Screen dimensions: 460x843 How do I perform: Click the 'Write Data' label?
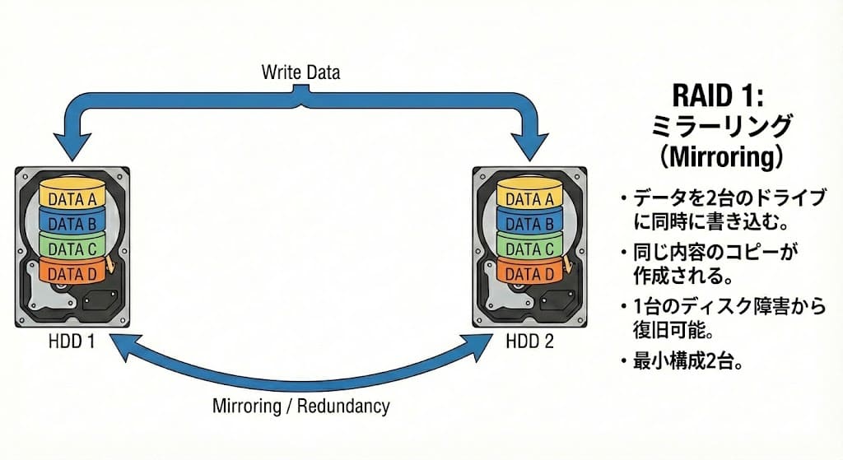click(300, 72)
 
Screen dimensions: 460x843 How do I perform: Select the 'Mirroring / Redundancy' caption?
click(300, 406)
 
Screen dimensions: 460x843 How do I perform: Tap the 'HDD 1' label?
click(72, 342)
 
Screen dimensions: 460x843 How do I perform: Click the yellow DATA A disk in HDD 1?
click(72, 198)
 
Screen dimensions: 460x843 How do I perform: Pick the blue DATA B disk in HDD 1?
click(72, 223)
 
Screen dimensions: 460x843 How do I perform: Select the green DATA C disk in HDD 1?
click(72, 248)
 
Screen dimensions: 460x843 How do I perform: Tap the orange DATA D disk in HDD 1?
click(72, 272)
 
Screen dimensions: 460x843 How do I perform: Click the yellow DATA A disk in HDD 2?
click(529, 198)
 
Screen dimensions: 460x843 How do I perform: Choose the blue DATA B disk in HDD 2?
click(529, 223)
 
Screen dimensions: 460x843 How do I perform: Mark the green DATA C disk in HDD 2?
click(529, 248)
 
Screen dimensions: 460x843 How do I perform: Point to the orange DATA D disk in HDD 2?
click(529, 272)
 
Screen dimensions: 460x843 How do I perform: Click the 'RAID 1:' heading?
click(719, 95)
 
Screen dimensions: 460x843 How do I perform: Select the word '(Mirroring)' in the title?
click(719, 156)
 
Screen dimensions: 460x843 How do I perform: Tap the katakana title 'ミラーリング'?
click(719, 126)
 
